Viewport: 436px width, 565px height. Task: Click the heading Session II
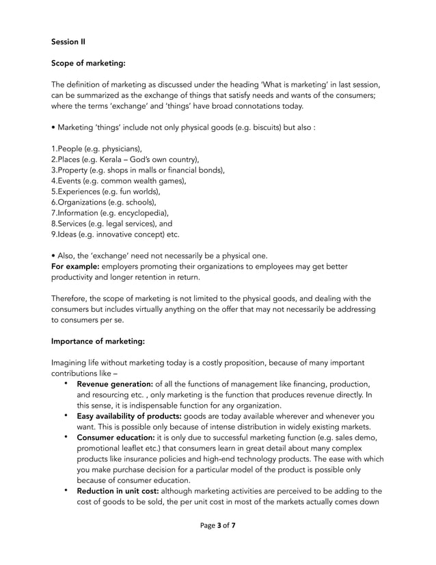click(x=68, y=42)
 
